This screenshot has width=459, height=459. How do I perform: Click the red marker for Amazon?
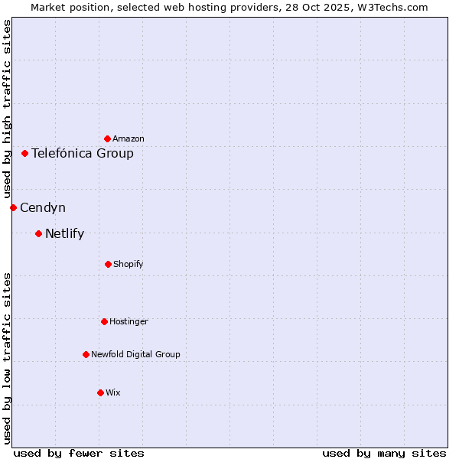tap(107, 138)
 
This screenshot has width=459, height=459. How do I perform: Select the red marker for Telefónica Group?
tap(24, 153)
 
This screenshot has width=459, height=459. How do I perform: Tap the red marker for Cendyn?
tap(13, 207)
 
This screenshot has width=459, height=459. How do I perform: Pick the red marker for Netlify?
tap(38, 233)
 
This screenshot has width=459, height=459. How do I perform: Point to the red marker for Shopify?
tap(108, 264)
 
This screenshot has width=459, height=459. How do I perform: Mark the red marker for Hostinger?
tap(104, 321)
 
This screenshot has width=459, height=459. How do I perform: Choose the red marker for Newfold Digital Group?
tap(86, 354)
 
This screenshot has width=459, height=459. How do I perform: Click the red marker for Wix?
tap(100, 392)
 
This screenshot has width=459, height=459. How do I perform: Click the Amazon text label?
tap(129, 138)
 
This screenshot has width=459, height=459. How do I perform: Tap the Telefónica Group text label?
tap(83, 154)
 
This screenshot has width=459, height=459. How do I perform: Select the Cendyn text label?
tap(43, 208)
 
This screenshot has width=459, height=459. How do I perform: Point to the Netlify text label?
tap(64, 234)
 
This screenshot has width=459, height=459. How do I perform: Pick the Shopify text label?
tap(129, 264)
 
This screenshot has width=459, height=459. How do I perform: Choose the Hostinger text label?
tap(129, 321)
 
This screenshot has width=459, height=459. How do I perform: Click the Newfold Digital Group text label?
tap(135, 354)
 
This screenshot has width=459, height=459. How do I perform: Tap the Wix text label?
tap(113, 392)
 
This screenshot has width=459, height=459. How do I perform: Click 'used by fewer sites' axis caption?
tap(79, 454)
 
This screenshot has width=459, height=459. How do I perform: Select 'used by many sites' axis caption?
tap(384, 454)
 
